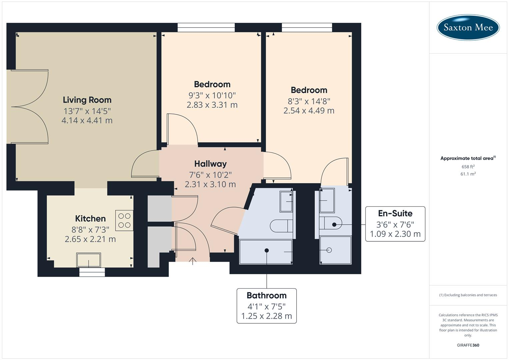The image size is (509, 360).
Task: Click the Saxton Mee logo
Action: point(468,27)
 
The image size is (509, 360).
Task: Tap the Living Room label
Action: point(87,100)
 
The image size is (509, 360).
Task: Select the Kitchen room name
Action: point(90,218)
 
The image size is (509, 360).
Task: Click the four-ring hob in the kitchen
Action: point(124,220)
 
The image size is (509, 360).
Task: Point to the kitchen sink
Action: point(88,260)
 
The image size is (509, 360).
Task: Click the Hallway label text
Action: point(210,164)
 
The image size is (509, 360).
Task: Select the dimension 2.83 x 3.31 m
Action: point(212,105)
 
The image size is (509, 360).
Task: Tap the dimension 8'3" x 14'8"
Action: point(309,101)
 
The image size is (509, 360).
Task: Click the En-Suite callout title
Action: point(395,213)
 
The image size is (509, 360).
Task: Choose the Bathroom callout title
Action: point(266,295)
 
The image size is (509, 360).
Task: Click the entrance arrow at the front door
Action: point(193,261)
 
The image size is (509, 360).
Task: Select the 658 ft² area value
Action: point(468,167)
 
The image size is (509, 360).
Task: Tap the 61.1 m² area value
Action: point(468,174)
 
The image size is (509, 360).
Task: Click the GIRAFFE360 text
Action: point(468,345)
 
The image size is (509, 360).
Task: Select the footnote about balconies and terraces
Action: point(468,295)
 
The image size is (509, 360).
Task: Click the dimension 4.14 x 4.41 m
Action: point(87,120)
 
